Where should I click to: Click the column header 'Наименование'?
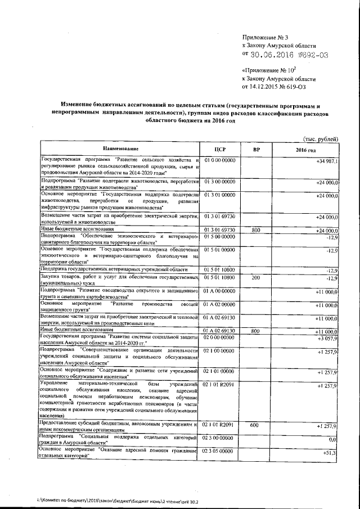(x=120, y=150)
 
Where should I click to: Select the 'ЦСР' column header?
(x=220, y=150)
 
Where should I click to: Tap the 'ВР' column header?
(x=256, y=150)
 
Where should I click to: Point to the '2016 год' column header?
(x=306, y=150)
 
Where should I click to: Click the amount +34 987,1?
(x=327, y=161)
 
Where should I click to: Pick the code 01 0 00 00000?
(x=219, y=161)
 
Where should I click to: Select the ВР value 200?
(x=256, y=277)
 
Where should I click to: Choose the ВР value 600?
(x=255, y=425)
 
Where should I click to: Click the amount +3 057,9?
(x=327, y=337)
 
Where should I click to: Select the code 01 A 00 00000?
(x=219, y=291)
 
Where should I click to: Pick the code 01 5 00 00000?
(x=219, y=236)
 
